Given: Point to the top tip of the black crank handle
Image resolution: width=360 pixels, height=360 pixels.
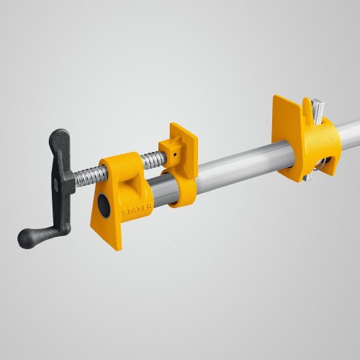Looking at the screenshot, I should coord(62,135).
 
